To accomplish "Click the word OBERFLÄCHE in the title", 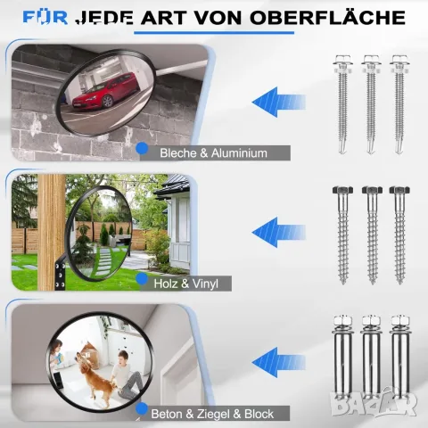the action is point(327,17).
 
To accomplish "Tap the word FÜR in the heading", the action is point(45,17).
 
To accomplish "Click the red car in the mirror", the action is point(105,90).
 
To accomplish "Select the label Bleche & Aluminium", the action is point(213,153).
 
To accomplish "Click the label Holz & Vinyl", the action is point(186,284).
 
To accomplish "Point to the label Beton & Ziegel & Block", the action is point(212,414).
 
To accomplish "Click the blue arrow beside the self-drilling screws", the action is point(278,102).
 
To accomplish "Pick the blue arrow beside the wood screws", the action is point(278,232).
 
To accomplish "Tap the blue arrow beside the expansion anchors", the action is point(278,362).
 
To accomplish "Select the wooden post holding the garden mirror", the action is point(52,232).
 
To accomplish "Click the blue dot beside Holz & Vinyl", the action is point(142,279).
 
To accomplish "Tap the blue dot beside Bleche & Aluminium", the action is point(142,148).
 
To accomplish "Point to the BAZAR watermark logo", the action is point(374,403).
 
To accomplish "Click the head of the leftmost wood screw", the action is point(342,190).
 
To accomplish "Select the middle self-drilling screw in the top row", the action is point(371,104).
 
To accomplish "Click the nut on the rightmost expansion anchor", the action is point(400,321).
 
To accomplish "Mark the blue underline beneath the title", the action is point(214,32).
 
